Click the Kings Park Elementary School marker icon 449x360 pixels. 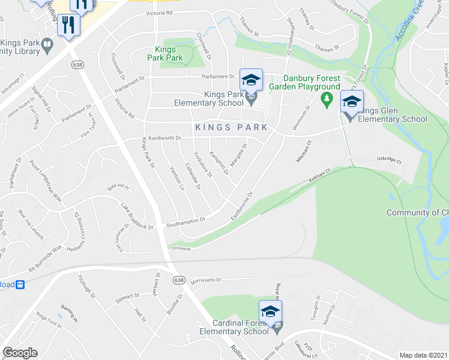(252, 80)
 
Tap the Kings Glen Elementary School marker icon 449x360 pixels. (351, 101)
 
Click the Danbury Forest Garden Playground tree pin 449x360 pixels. (327, 98)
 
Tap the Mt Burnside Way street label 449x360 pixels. (42, 259)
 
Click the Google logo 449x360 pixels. (20, 353)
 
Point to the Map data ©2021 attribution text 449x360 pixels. (423, 355)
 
